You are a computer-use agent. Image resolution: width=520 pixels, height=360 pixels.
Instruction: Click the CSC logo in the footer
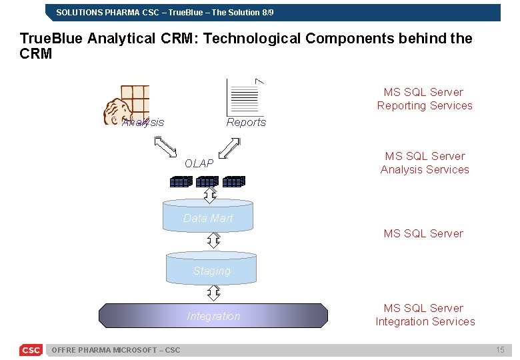pos(31,350)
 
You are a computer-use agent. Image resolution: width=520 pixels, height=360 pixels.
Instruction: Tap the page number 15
pos(500,350)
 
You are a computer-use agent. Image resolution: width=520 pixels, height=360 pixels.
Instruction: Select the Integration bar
pos(213,316)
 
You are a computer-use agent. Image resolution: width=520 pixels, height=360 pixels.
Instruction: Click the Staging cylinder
pos(211,269)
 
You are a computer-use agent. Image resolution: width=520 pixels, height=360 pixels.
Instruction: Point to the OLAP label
pos(199,163)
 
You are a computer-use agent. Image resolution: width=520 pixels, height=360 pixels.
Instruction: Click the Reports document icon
pos(244,97)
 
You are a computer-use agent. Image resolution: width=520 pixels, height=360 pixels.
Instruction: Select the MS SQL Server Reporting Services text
pos(424,99)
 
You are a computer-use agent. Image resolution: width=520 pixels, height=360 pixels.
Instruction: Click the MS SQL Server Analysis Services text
pos(424,163)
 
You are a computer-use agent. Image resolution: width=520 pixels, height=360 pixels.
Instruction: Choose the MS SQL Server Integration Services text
pos(425,315)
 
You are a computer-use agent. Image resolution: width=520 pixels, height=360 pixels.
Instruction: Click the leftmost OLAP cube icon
pos(181,181)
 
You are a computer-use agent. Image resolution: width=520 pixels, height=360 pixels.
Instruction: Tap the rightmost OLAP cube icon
pos(234,181)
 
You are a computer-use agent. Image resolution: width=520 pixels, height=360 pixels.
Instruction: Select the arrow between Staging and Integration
pos(213,293)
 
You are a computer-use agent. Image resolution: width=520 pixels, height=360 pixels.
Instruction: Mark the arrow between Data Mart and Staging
pos(213,240)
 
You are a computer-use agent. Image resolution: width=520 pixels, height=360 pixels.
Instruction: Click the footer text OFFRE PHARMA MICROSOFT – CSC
pos(115,350)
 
